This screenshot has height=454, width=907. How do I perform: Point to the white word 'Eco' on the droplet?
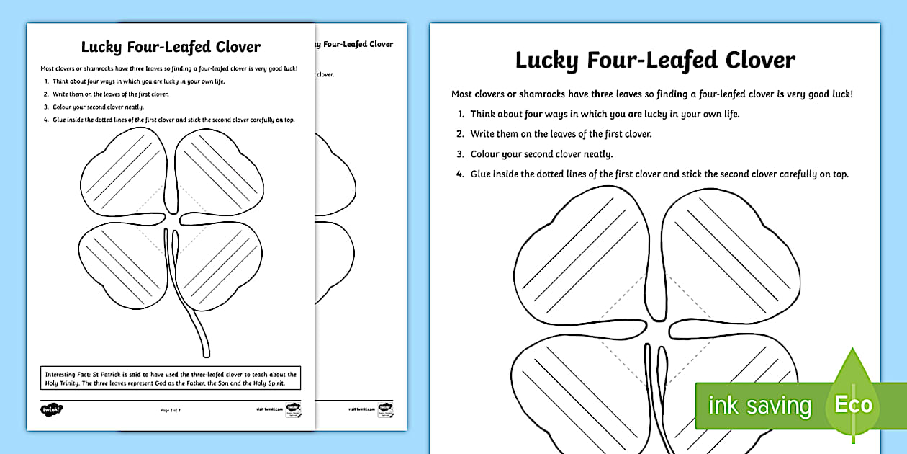click(853, 404)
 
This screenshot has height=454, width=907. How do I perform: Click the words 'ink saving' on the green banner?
click(759, 406)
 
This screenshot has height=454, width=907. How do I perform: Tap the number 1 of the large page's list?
click(459, 114)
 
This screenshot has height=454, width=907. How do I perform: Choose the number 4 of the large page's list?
click(459, 174)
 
